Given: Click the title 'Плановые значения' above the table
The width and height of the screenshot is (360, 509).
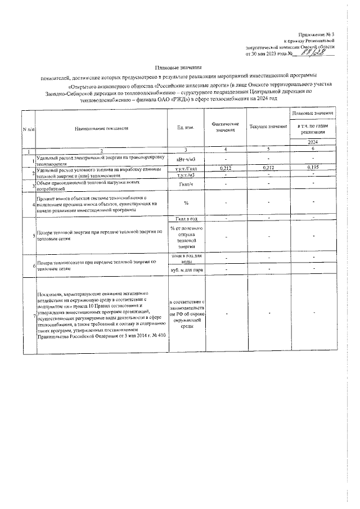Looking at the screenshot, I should pyautogui.click(x=180, y=67).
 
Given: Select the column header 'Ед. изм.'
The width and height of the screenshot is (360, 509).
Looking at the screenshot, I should pyautogui.click(x=186, y=128).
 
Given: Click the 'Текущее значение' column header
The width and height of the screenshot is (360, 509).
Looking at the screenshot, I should pyautogui.click(x=268, y=128).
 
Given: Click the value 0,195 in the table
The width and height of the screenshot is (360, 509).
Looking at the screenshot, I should pyautogui.click(x=313, y=168).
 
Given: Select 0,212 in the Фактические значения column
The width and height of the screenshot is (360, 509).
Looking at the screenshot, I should pyautogui.click(x=225, y=168).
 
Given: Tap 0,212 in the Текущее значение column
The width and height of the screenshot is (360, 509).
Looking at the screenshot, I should pyautogui.click(x=268, y=168).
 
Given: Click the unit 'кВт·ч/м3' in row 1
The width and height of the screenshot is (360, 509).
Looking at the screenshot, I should pyautogui.click(x=186, y=159).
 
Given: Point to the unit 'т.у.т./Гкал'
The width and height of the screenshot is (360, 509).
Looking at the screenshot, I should pyautogui.click(x=186, y=168).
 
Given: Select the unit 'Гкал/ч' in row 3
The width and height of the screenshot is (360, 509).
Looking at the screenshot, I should pyautogui.click(x=186, y=183).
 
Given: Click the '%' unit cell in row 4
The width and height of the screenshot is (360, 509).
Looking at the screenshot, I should pyautogui.click(x=186, y=203).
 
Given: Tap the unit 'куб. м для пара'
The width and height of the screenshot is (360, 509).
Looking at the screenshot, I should pyautogui.click(x=186, y=270).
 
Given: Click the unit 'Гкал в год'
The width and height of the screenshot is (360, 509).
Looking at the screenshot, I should pyautogui.click(x=186, y=218).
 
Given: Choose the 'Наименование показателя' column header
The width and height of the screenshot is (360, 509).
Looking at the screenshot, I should pyautogui.click(x=101, y=128).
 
